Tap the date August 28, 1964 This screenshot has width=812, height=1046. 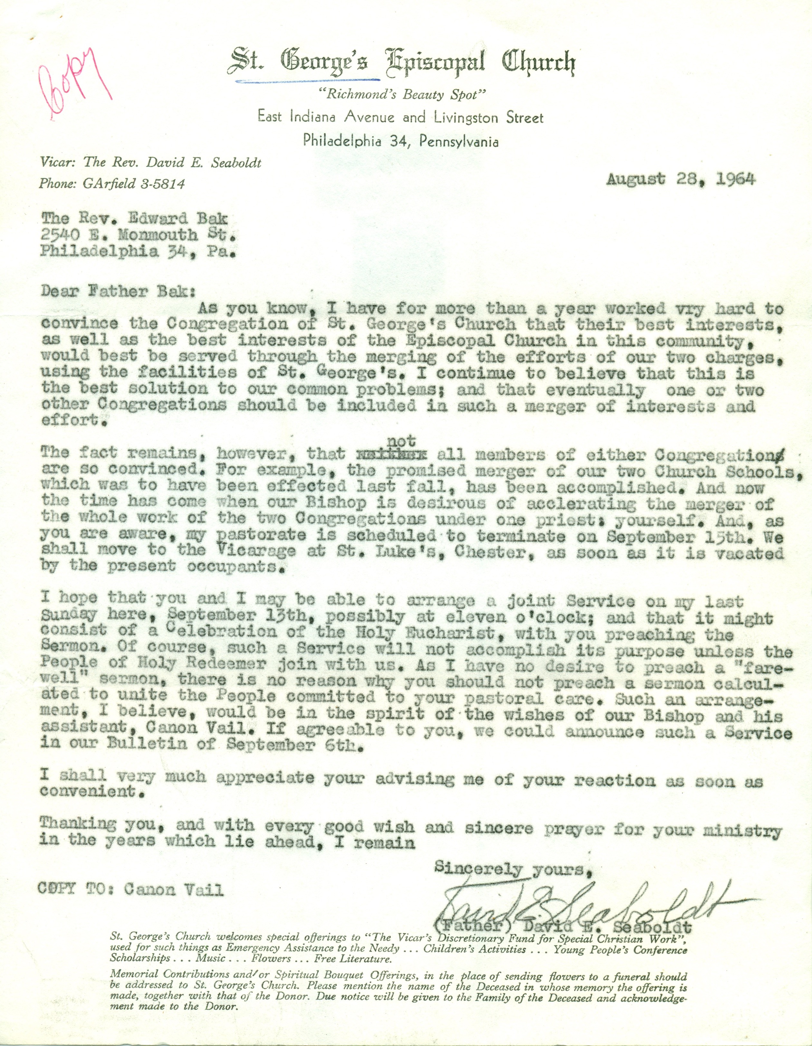click(x=681, y=180)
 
